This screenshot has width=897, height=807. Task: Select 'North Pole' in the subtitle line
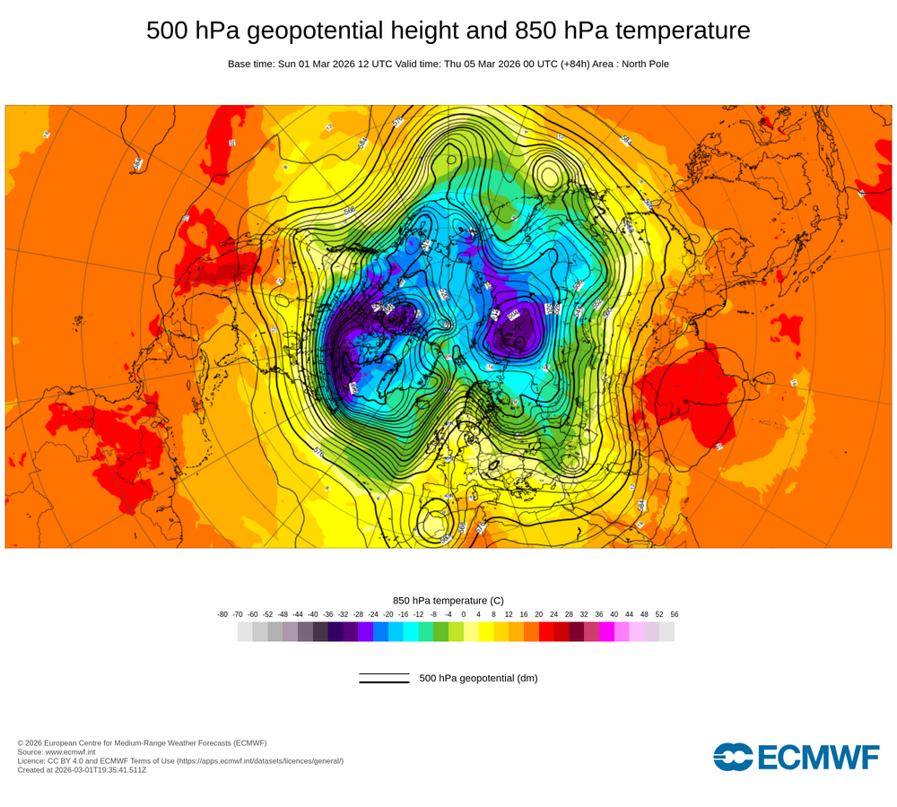click(641, 64)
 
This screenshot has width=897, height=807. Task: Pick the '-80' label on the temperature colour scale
click(222, 614)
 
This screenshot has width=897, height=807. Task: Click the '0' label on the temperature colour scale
click(464, 614)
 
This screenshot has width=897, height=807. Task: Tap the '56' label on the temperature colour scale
click(675, 614)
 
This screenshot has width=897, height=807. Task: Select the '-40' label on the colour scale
click(313, 614)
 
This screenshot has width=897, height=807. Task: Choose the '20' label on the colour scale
click(539, 614)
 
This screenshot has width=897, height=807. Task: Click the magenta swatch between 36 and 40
click(606, 632)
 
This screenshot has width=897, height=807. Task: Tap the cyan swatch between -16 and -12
click(411, 632)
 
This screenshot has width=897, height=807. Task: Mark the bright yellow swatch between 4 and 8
click(486, 632)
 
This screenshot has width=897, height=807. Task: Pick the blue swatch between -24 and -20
click(380, 632)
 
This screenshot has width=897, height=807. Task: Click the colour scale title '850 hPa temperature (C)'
click(448, 600)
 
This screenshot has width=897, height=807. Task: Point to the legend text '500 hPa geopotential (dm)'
click(478, 678)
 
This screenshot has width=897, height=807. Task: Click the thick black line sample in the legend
click(384, 682)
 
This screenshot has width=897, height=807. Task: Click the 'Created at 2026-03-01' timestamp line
click(82, 769)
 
